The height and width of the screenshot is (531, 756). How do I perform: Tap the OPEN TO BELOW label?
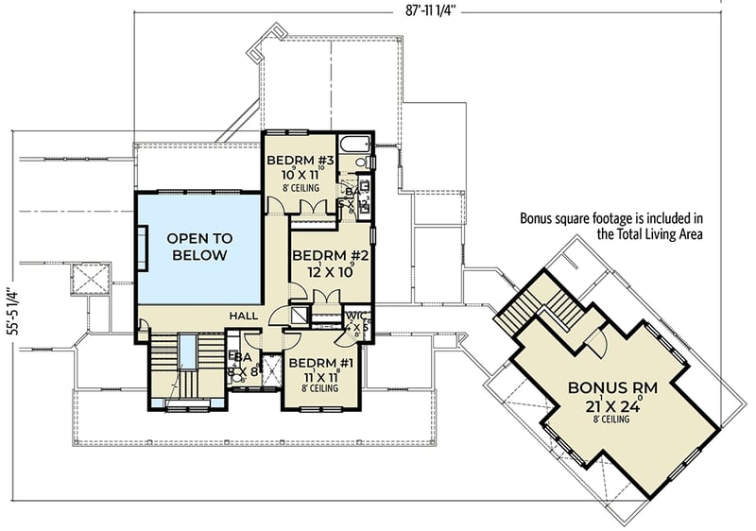[199, 248]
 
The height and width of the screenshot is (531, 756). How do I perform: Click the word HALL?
[243, 317]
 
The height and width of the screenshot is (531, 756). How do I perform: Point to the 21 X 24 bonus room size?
[611, 409]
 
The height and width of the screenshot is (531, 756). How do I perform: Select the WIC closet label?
[355, 316]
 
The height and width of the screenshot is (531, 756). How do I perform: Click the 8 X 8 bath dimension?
[243, 371]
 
